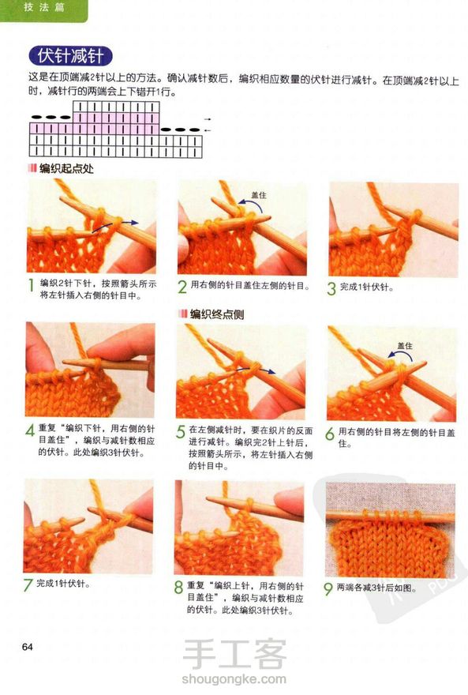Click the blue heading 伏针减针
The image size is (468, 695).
click(x=70, y=56)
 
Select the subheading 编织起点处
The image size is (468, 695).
click(x=66, y=168)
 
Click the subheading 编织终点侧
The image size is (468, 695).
click(x=216, y=314)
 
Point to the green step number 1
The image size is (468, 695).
click(x=31, y=286)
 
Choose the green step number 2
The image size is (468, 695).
click(x=182, y=287)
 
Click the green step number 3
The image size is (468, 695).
click(x=331, y=288)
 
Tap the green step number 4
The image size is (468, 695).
click(x=30, y=430)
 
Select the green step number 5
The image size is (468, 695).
click(x=181, y=432)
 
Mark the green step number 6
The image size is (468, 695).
click(x=330, y=434)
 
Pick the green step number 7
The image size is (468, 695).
click(x=28, y=585)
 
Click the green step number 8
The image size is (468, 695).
click(x=178, y=588)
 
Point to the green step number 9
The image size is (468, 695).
click(x=328, y=589)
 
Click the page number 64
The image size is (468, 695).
click(x=28, y=647)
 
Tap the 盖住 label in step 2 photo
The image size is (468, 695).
click(x=259, y=195)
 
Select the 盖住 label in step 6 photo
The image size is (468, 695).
click(x=405, y=346)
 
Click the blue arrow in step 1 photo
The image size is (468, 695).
click(x=115, y=225)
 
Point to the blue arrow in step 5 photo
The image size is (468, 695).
click(x=255, y=370)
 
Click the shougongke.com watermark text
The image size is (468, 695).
click(x=234, y=678)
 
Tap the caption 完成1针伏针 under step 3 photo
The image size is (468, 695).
click(x=367, y=287)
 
